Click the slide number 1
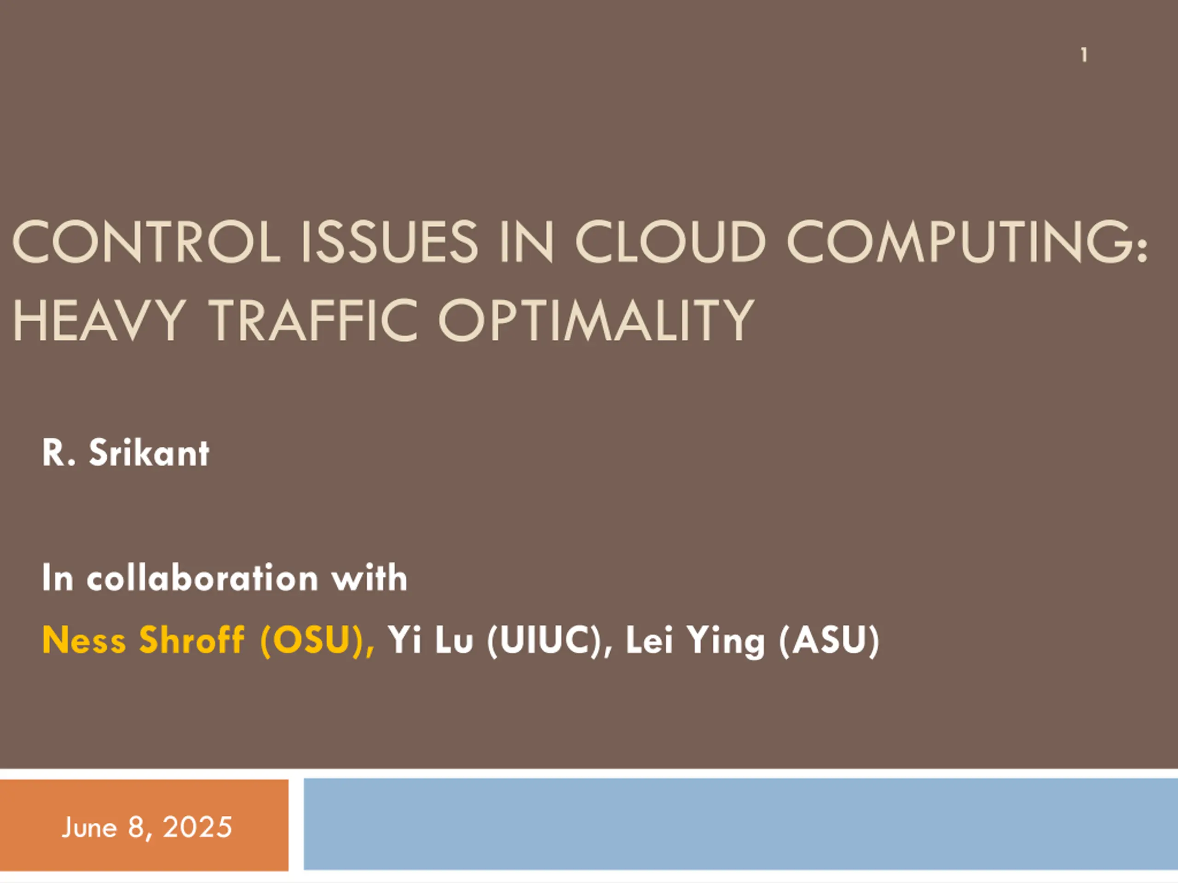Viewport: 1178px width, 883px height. point(1084,55)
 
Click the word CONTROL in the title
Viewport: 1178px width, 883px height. point(146,242)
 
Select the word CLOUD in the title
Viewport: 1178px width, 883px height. point(670,242)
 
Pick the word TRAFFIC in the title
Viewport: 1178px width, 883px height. point(314,321)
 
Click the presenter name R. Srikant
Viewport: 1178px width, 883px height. point(126,453)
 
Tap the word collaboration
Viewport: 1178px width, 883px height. point(202,578)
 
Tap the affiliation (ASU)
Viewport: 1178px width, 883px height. point(829,640)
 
